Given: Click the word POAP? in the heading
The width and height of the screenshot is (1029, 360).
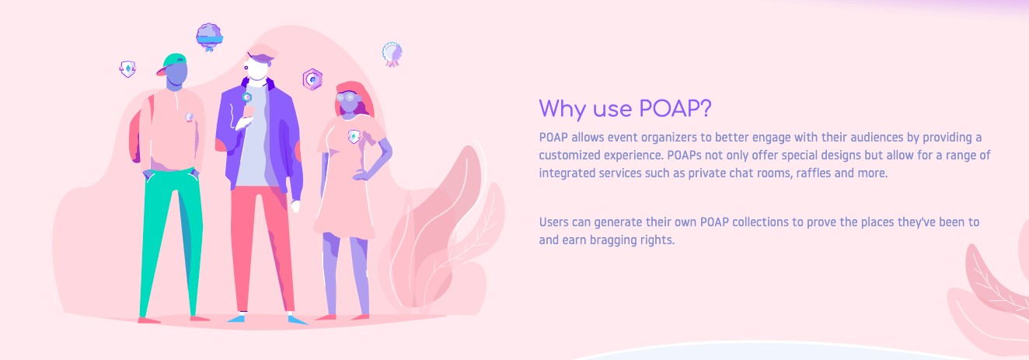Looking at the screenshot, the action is (675, 109).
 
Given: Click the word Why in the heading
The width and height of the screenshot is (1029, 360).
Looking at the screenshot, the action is (562, 110).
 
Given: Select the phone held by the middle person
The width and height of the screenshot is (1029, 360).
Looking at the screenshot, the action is (248, 113).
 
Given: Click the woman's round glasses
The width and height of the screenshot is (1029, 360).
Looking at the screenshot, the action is (349, 97).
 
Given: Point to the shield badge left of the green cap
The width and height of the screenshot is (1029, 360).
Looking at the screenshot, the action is (127, 69).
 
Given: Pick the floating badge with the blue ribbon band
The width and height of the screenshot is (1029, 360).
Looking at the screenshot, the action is (210, 37).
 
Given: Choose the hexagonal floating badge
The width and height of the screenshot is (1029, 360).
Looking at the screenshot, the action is (312, 79).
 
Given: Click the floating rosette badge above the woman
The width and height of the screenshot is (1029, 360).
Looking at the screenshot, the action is (392, 54).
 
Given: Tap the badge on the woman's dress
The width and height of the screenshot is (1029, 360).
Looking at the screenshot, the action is (354, 137).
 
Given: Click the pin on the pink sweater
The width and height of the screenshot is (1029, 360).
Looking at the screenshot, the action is (189, 117).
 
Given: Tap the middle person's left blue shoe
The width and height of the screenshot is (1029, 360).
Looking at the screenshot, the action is (236, 318).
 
